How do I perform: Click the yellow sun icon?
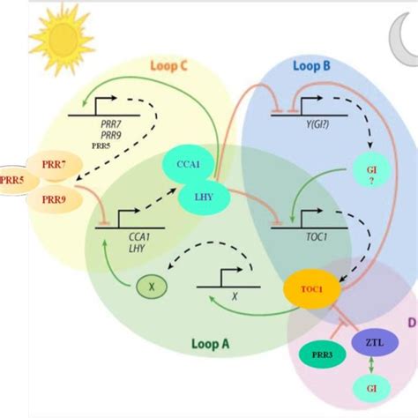[x=60, y=37]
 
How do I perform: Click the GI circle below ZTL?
[x=371, y=386]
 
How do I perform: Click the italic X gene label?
[x=234, y=297]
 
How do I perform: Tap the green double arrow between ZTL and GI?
[x=370, y=362]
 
